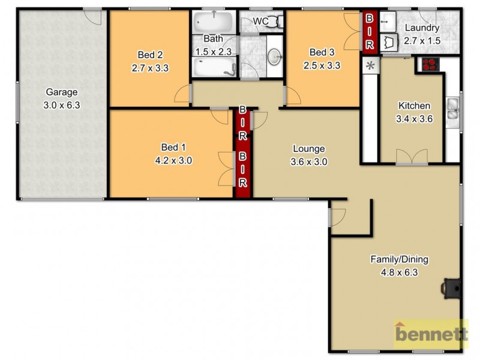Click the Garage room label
(x=62, y=92)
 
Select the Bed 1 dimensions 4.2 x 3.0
(x=173, y=160)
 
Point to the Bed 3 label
(x=322, y=51)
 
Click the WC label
(x=260, y=22)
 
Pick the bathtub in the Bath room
(x=213, y=25)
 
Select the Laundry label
(x=422, y=28)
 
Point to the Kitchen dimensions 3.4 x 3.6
(x=415, y=119)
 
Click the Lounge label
(x=308, y=149)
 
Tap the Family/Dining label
(x=398, y=260)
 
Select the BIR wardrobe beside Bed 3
(x=369, y=32)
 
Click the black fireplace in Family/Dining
(x=449, y=287)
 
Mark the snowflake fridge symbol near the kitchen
(x=370, y=65)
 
